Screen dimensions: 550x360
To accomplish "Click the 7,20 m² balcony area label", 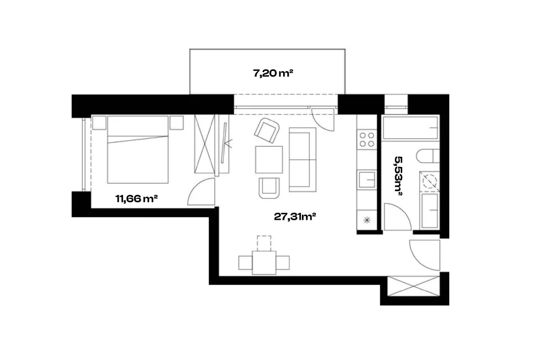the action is click(x=273, y=73).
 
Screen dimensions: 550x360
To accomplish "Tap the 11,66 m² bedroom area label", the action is click(x=136, y=199).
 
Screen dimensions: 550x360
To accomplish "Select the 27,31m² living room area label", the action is click(x=295, y=217).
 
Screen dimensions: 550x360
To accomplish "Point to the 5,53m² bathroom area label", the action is click(x=398, y=176).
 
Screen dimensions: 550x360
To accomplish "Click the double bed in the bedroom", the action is click(x=137, y=150).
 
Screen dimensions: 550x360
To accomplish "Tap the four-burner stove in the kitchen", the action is click(x=367, y=140).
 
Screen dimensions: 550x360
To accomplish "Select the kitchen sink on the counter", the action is click(x=367, y=180).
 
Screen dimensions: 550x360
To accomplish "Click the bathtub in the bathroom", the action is click(x=410, y=128).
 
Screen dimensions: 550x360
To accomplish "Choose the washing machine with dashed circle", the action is click(x=429, y=181).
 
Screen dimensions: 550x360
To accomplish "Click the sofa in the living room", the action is click(x=302, y=160).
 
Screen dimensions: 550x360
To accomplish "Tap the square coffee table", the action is click(x=269, y=160).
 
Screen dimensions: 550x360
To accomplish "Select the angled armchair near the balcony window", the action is click(x=267, y=130).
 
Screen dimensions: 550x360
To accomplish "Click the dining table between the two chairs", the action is click(x=264, y=262).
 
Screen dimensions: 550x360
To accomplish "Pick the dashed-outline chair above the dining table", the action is click(x=264, y=243).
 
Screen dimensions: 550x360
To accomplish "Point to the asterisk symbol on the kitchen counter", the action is click(x=367, y=220).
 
